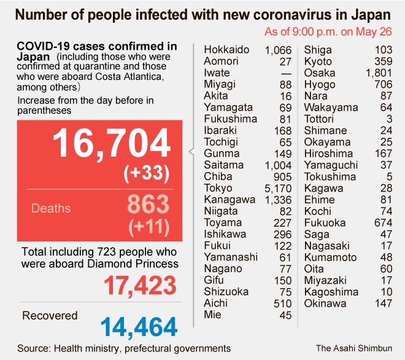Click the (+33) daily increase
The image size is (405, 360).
click(146, 174)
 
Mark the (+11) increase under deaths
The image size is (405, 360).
click(148, 227)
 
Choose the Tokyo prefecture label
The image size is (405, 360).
click(218, 188)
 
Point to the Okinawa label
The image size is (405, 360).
click(325, 303)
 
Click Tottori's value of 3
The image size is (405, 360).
click(390, 119)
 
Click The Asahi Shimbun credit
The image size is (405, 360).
click(355, 348)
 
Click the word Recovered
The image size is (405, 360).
click(50, 316)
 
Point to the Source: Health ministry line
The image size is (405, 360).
click(123, 348)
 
